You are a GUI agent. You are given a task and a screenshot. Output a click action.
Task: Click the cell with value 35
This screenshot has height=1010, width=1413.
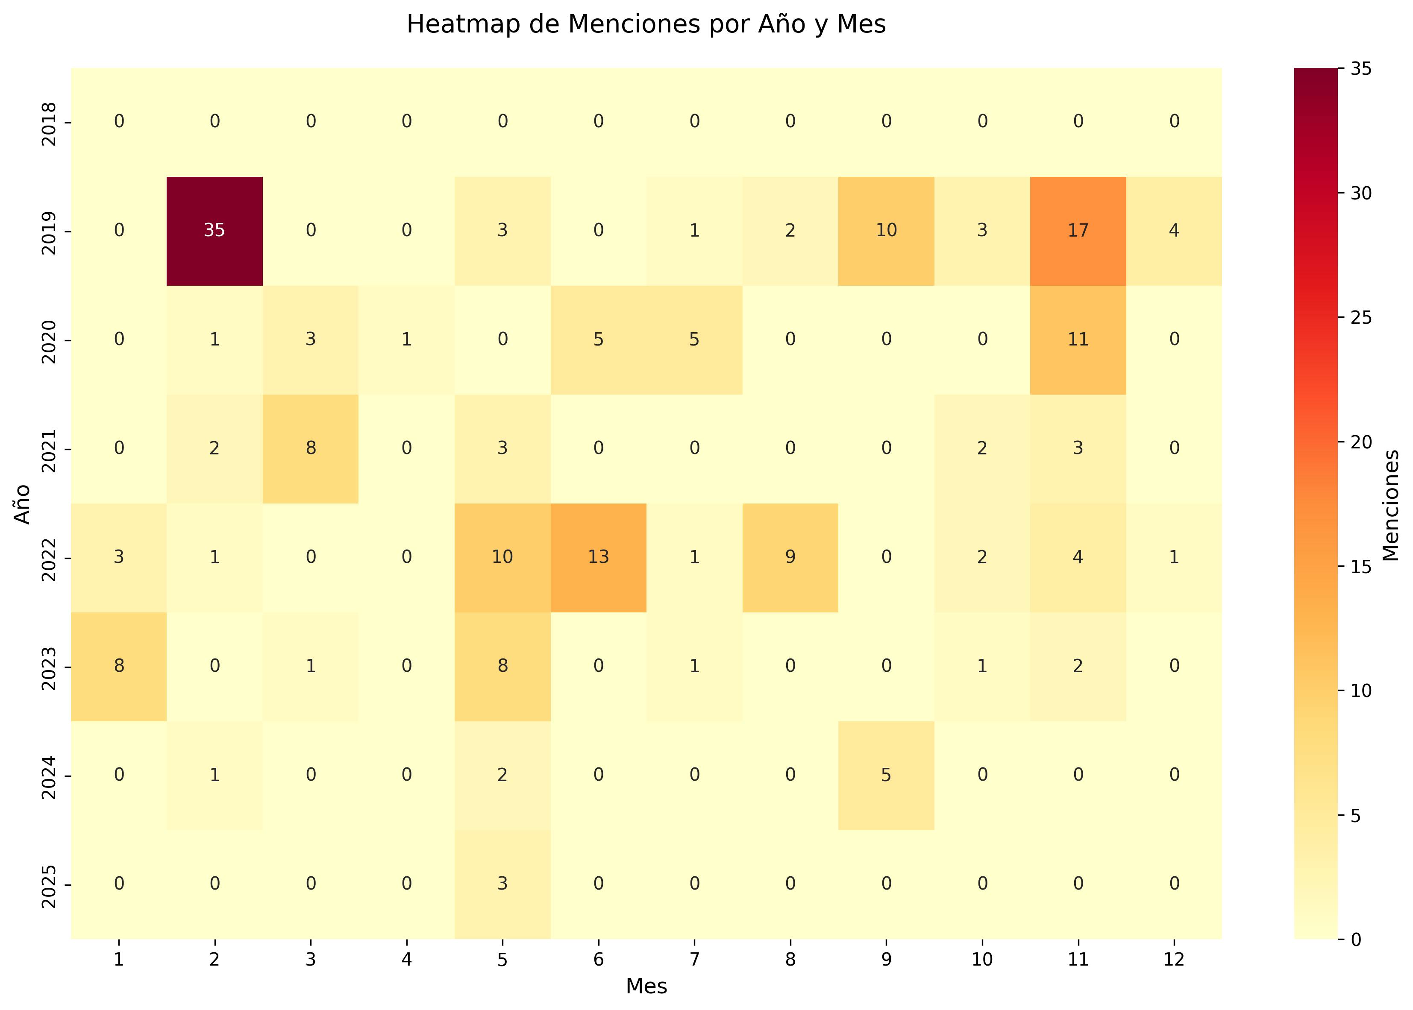pyautogui.click(x=214, y=231)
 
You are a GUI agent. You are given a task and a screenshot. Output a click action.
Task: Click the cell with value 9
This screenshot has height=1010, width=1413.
pyautogui.click(x=790, y=557)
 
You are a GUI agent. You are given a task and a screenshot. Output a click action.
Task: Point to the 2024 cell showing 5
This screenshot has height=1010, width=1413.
pyautogui.click(x=886, y=775)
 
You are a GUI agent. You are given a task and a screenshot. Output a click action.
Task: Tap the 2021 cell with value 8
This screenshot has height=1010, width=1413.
pyautogui.click(x=311, y=448)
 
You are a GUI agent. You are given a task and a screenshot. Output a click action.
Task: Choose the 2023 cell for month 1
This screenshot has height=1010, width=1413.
pyautogui.click(x=119, y=666)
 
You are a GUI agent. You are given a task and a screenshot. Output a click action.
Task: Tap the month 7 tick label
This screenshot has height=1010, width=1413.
pyautogui.click(x=694, y=960)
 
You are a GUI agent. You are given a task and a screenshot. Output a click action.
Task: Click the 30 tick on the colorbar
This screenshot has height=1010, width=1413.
pyautogui.click(x=1361, y=193)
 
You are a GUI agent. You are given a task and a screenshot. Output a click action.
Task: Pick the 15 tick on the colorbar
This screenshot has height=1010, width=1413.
pyautogui.click(x=1361, y=567)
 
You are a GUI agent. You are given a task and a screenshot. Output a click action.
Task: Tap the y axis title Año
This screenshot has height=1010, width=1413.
pyautogui.click(x=22, y=504)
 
